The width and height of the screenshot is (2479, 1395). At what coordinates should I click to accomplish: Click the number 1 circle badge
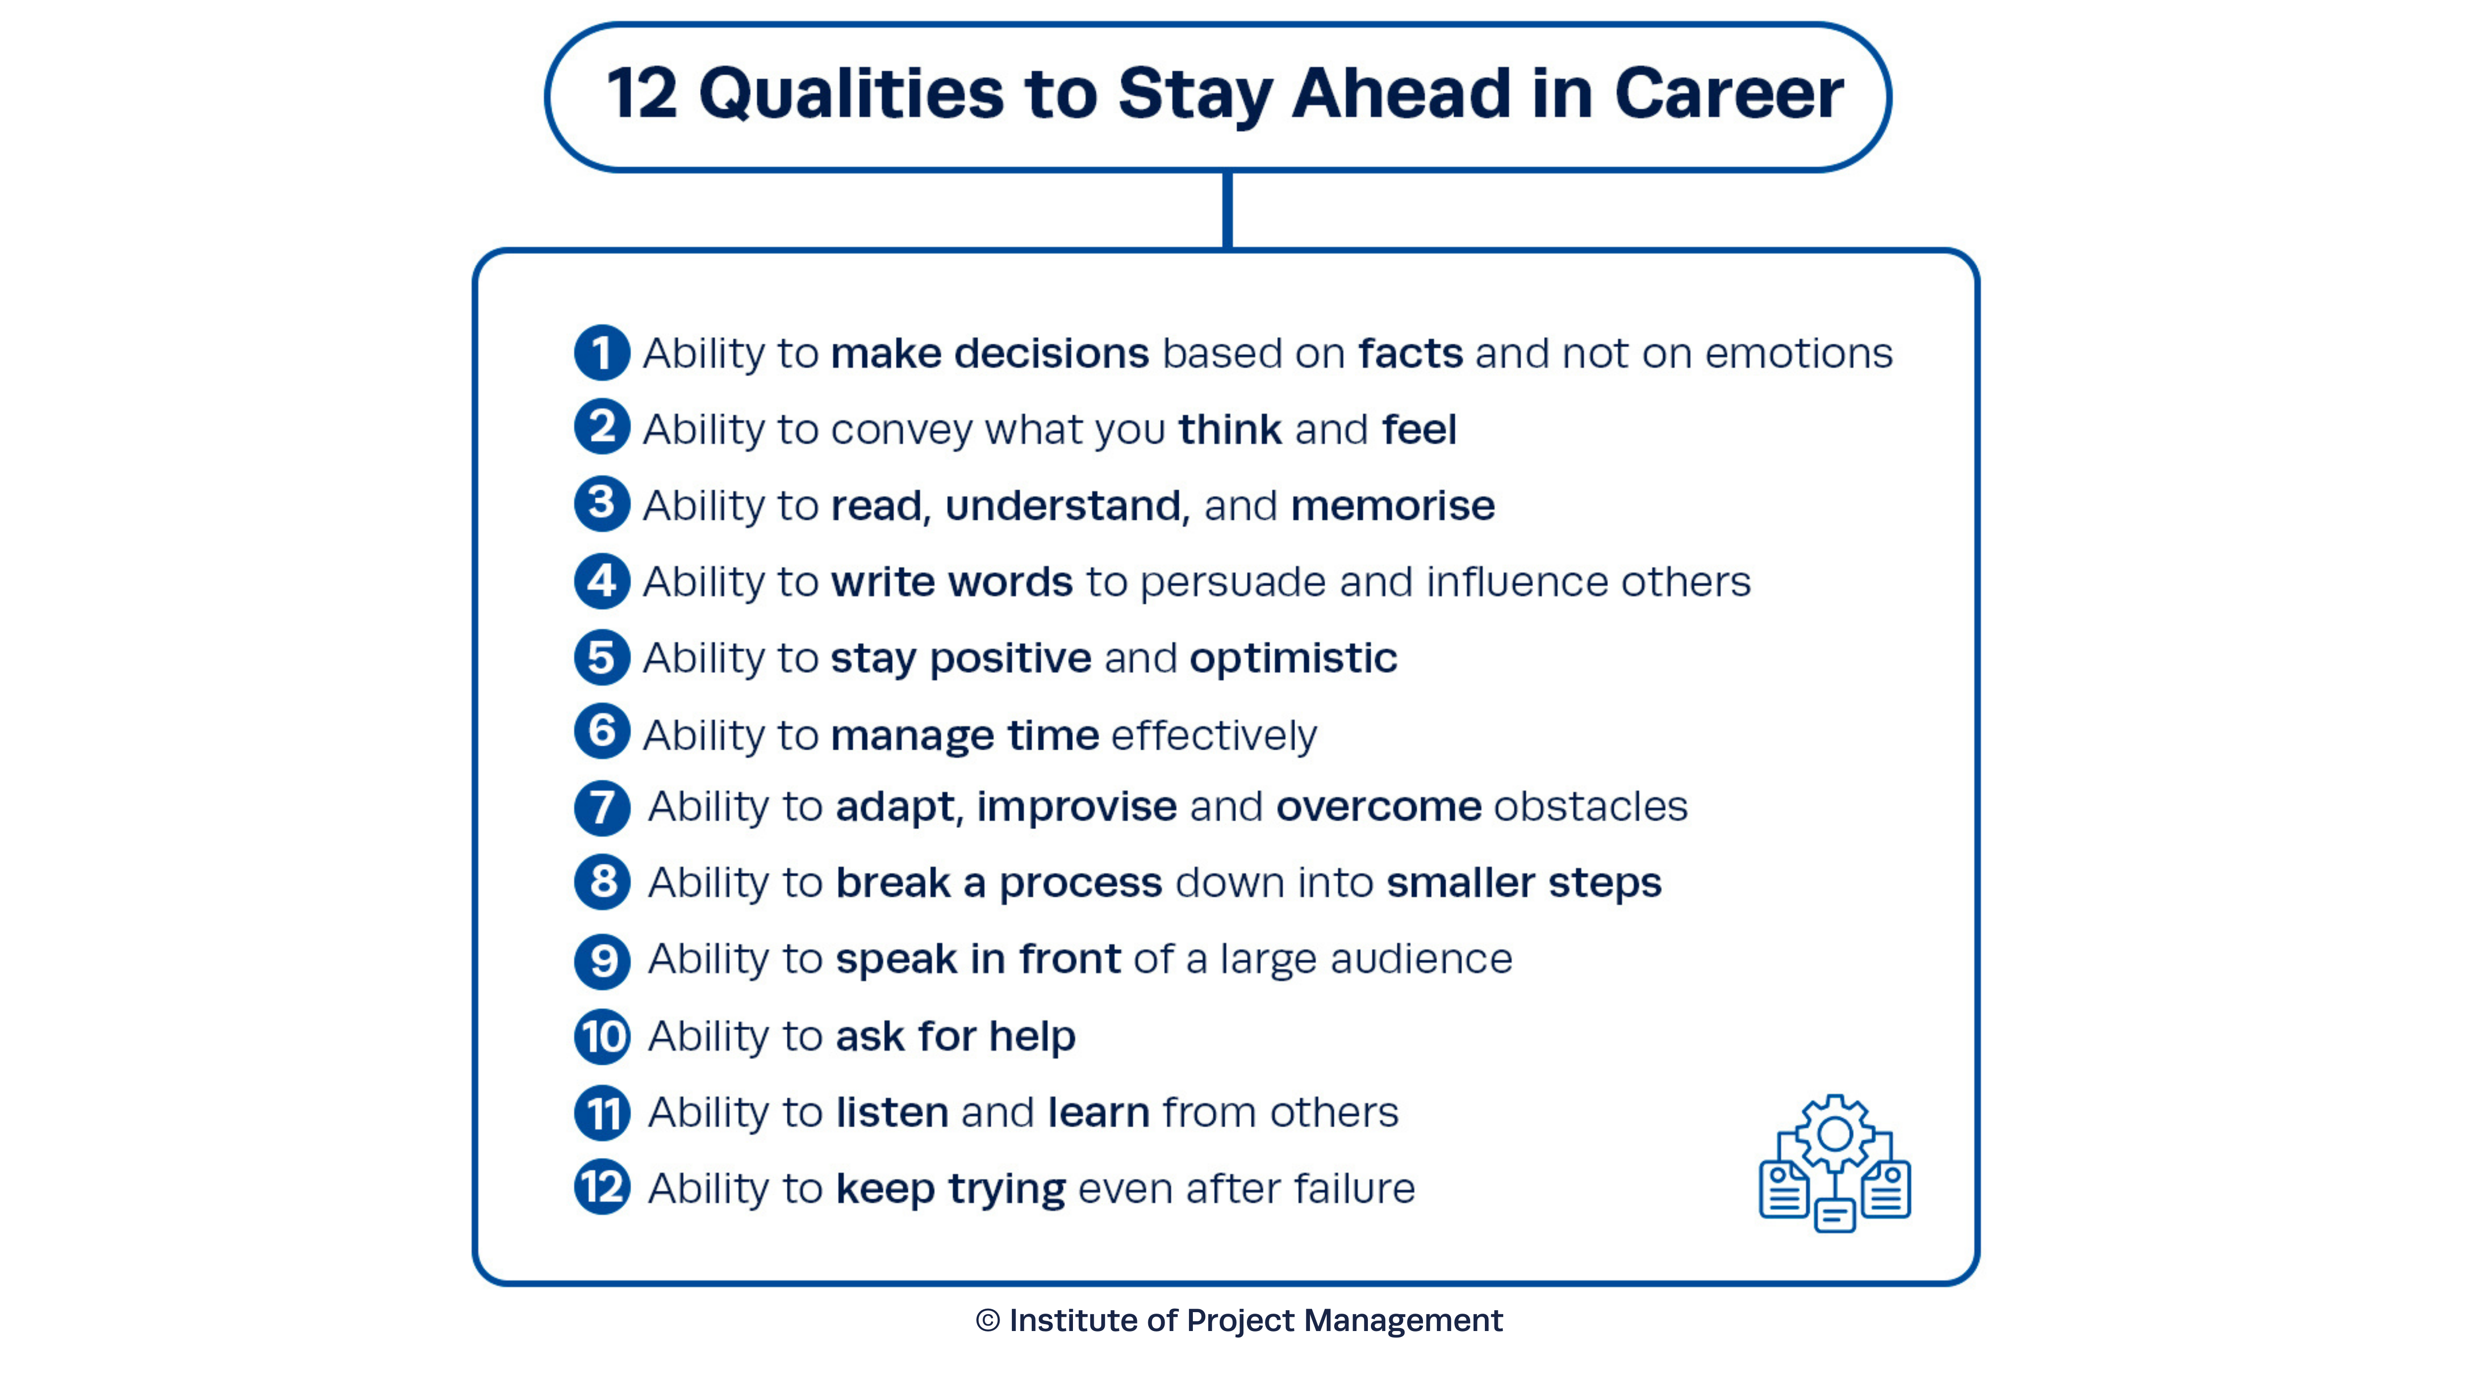click(601, 353)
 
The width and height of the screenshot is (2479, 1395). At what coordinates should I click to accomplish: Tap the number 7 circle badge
click(601, 807)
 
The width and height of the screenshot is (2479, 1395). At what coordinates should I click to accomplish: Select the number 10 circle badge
click(601, 1036)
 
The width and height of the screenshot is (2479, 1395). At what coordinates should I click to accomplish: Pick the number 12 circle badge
click(601, 1187)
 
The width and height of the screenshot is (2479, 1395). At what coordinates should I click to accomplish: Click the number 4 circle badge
click(601, 581)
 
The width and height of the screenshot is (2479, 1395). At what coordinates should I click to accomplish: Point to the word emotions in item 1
click(1798, 353)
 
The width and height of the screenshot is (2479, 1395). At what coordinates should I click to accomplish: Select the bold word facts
click(1410, 353)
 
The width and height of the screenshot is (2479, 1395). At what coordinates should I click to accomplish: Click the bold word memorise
click(1393, 505)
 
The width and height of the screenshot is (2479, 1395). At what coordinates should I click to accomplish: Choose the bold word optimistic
click(1293, 659)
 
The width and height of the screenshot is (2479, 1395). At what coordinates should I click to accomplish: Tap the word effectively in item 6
click(1214, 735)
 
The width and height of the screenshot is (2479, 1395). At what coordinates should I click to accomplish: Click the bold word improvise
click(1076, 807)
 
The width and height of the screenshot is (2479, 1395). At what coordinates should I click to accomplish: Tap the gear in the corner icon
click(1834, 1134)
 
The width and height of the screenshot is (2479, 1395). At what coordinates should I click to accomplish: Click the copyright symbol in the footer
click(987, 1320)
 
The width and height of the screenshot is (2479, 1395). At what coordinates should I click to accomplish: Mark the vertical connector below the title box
click(1227, 210)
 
